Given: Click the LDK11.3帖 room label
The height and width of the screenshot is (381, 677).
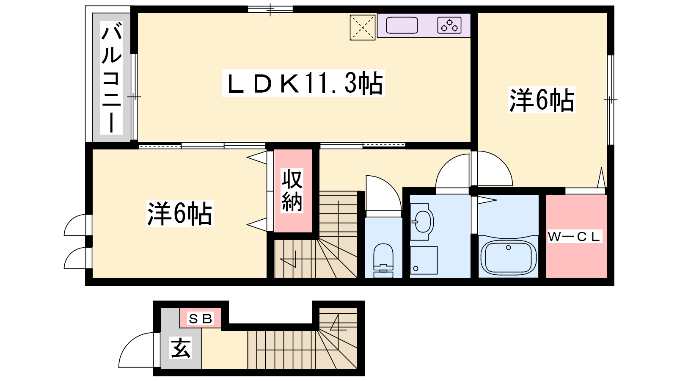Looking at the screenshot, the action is point(303,83).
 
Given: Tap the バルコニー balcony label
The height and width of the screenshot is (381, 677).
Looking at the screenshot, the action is point(112,77).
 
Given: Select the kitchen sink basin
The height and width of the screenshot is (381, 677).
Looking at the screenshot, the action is point(402,25).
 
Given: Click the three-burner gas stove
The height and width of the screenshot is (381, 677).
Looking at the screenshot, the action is point(449,25).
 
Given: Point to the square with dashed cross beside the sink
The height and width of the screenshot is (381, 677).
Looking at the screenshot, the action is point(362,28).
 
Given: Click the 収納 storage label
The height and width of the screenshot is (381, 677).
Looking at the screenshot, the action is point(292,191).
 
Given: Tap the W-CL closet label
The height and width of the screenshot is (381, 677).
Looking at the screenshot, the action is point(575,237).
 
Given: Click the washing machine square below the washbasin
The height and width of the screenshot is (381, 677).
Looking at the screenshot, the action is point(424,260).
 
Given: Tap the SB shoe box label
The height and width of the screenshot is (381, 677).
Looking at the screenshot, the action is point(201,318).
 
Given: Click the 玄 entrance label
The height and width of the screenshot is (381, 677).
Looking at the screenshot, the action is point(181,348).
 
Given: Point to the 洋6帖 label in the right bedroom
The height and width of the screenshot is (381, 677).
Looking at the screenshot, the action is point(542,100).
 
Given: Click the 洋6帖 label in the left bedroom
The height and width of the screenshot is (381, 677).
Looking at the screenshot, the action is point(180,213).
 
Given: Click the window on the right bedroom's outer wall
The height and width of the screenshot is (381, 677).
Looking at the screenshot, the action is point(611,100).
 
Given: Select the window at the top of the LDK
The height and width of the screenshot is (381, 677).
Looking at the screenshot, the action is point(270,9).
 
